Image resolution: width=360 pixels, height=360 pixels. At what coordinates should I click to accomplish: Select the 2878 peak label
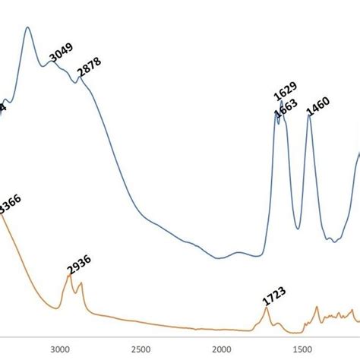point(89,68)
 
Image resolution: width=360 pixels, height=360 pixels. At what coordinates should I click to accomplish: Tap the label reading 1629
point(285,91)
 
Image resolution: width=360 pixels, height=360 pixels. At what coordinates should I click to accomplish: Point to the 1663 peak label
point(287,109)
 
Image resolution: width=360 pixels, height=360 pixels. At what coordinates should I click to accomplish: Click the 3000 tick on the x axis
point(58,349)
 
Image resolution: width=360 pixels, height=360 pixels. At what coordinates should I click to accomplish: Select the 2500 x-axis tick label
point(140,349)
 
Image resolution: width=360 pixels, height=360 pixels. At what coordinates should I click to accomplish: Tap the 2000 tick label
point(221,349)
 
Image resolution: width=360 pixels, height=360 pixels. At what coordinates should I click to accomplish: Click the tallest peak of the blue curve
point(28,28)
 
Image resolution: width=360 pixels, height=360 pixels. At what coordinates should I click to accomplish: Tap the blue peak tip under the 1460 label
point(309,115)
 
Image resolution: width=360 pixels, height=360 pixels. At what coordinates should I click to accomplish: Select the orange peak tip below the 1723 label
point(266,308)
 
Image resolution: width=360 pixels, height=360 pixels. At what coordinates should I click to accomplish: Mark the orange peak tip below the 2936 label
point(70,276)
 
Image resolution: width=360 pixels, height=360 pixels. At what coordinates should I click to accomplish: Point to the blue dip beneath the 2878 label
point(75,82)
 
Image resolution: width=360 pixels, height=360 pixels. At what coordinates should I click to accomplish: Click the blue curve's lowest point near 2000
point(219,258)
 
